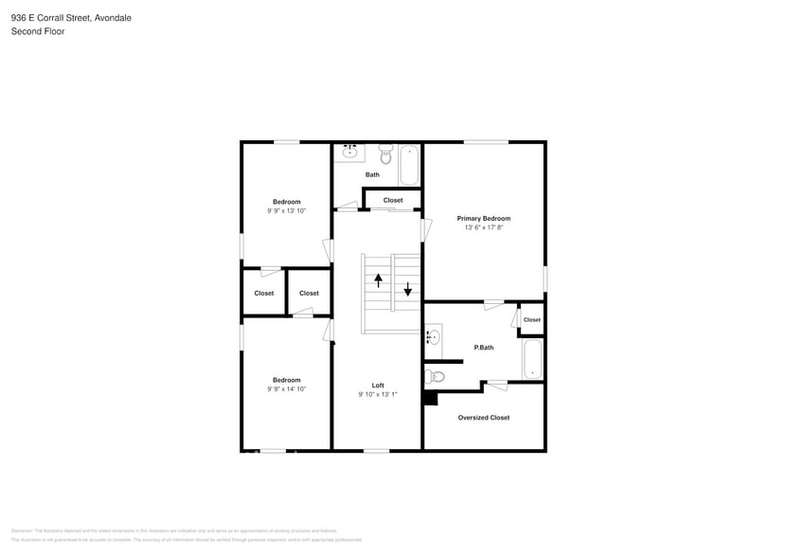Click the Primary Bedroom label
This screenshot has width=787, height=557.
483,218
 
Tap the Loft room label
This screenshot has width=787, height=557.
378,386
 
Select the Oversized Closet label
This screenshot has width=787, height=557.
483,418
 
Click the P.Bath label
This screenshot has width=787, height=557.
484,348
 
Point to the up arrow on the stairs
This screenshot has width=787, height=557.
378,279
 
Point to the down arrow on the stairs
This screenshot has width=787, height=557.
408,289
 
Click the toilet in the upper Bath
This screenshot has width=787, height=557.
385,154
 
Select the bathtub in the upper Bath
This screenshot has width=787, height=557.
409,165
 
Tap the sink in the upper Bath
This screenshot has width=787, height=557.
349,152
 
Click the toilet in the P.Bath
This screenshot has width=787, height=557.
436,376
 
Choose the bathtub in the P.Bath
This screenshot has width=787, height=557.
532,359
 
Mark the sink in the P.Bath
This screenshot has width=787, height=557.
433,335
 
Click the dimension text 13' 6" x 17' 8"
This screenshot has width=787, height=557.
483,228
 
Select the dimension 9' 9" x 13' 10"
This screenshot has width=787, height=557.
286,211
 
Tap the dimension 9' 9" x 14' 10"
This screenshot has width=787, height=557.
286,389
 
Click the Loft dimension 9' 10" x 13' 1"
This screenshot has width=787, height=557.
378,395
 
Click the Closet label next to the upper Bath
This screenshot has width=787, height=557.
393,200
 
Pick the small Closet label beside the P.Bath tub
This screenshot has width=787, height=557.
532,319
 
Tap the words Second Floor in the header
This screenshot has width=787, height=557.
38,31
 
